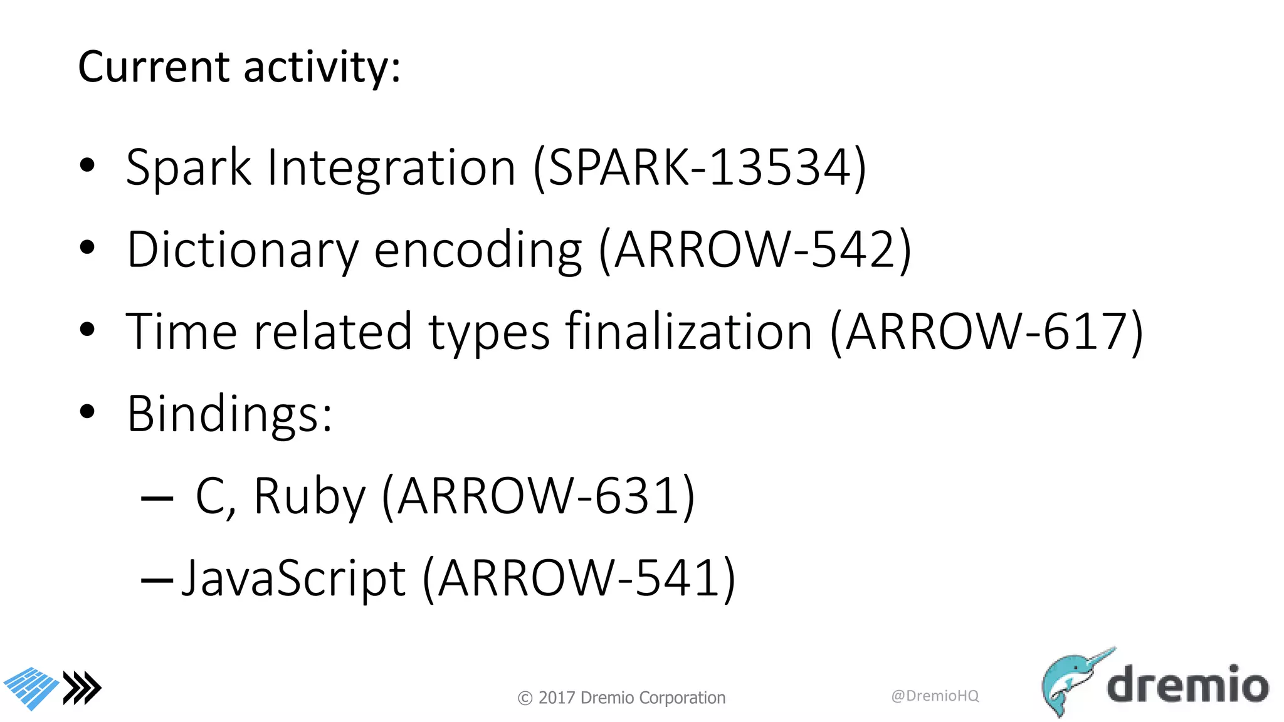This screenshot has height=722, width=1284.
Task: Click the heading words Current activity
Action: coord(238,66)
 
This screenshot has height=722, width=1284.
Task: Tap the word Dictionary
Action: coord(242,250)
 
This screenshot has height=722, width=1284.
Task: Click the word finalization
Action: coord(688,332)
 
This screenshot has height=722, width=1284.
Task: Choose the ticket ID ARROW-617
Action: coord(987,332)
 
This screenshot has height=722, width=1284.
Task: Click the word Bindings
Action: coord(229,414)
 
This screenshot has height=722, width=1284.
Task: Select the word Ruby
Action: coord(308,496)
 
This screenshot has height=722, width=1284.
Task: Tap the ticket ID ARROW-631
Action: coord(538,496)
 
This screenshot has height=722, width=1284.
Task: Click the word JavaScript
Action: coord(293,578)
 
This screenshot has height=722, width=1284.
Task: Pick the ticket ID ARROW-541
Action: coord(579,578)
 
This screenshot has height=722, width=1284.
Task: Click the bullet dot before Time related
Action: coord(87,330)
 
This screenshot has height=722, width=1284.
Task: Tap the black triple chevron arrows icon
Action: coord(83,688)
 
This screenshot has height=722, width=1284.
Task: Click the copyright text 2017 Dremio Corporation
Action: coord(621,698)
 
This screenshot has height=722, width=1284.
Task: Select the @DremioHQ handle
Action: coord(935,696)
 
